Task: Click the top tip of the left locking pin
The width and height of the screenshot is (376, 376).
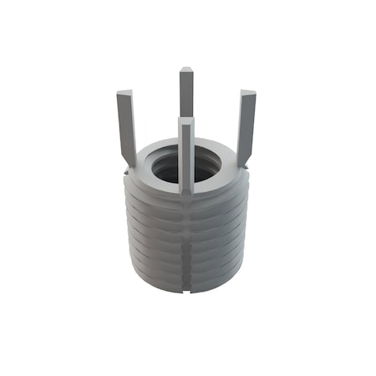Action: pos(124,94)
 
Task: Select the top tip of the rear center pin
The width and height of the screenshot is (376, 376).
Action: pos(186,71)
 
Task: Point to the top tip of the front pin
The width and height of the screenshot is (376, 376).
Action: pos(185,122)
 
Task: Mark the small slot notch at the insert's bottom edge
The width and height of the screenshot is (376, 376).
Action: pos(185,292)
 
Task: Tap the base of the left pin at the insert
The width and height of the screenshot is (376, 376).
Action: pos(130,160)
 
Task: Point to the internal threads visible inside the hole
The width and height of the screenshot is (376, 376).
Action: pos(167,175)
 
